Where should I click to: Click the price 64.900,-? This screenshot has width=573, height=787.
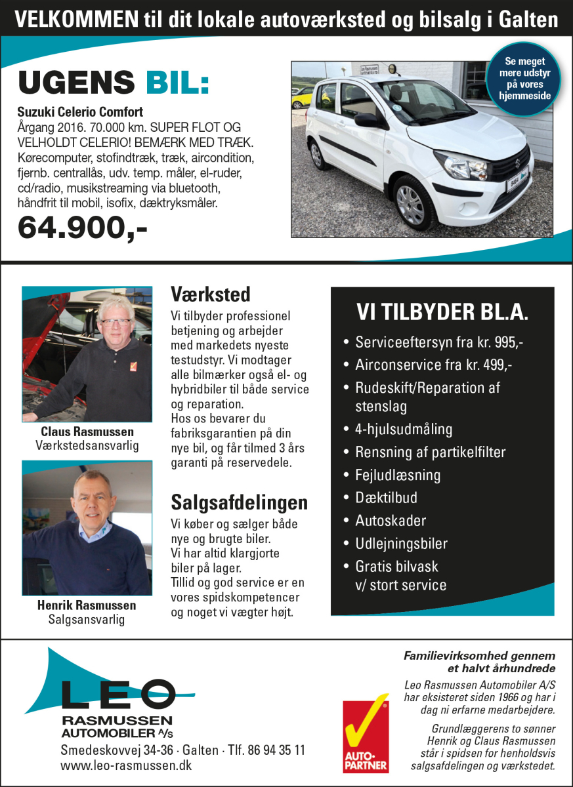[x=83, y=228]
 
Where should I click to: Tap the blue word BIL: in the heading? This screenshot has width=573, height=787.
[x=173, y=83]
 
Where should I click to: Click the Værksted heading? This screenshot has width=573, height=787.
[x=210, y=293]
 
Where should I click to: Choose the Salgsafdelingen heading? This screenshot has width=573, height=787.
[x=239, y=502]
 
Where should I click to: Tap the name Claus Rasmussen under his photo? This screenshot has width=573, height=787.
[x=87, y=432]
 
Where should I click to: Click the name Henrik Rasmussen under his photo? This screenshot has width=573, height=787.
[x=87, y=605]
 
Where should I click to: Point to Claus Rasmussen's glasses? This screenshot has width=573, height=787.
[x=116, y=322]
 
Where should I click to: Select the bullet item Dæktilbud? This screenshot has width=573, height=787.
[x=386, y=498]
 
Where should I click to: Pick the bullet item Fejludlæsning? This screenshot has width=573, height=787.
[x=398, y=475]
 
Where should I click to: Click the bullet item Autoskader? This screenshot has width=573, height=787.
[x=391, y=521]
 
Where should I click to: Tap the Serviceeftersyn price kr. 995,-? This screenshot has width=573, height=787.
[x=501, y=342]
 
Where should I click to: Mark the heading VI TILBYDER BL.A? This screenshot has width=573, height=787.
[x=442, y=312]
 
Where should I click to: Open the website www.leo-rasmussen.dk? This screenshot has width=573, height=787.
[x=126, y=765]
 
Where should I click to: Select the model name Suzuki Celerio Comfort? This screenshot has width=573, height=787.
[x=80, y=112]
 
